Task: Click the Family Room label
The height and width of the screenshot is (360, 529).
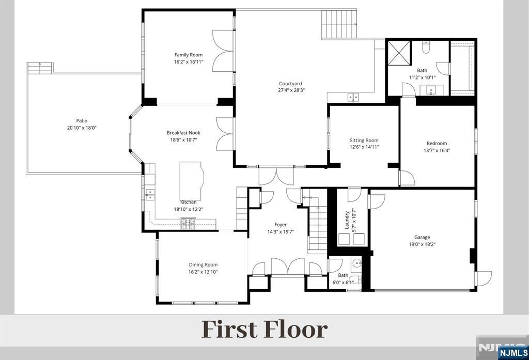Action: pos(189,55)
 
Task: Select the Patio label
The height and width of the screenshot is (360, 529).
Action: pos(82,120)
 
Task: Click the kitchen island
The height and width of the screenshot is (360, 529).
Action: pos(191,181)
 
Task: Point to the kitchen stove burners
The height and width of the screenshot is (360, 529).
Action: pos(188,224)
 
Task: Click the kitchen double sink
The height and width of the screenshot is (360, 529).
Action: pos(150,195)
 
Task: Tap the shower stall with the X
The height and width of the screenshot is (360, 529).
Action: pos(399,53)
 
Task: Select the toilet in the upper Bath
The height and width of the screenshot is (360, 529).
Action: pos(426,47)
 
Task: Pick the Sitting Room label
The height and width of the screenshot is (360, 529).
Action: pos(364,140)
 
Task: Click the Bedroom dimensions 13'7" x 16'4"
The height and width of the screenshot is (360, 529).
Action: pos(437,150)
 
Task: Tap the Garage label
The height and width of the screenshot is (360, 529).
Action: pos(422,237)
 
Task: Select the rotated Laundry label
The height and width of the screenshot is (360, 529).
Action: pos(347,220)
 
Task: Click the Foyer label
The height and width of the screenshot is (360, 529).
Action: pos(281,225)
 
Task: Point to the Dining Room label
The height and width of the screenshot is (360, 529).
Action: pos(203,265)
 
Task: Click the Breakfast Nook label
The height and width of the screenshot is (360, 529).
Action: pos(183,133)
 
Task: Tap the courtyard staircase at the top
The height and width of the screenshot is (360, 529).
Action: pos(339,25)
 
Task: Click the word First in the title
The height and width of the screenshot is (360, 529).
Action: pos(229,330)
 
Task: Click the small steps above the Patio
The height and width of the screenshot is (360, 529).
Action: pos(40,68)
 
